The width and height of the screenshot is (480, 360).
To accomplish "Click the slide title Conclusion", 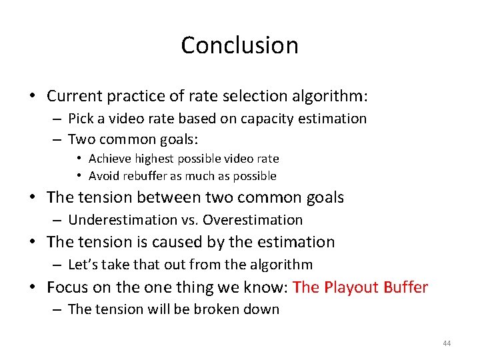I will tap(239, 45).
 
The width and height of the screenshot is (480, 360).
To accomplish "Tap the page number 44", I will tap(446, 343).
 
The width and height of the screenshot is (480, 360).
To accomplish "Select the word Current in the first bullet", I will tap(75, 96).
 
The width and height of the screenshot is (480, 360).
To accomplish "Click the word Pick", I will tap(81, 119).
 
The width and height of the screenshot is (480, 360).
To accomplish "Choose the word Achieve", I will tap(110, 159).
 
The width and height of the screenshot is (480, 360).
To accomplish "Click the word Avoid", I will tap(104, 176).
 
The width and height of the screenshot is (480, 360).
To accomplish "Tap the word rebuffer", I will tap(145, 176).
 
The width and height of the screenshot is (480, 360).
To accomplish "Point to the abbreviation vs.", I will tap(189, 220).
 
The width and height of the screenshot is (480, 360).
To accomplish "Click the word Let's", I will tap(82, 265).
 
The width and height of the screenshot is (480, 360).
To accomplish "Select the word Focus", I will tap(67, 287).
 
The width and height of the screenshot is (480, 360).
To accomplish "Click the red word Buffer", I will tap(405, 287).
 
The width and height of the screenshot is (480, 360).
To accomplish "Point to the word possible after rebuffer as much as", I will tap(255, 176).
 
